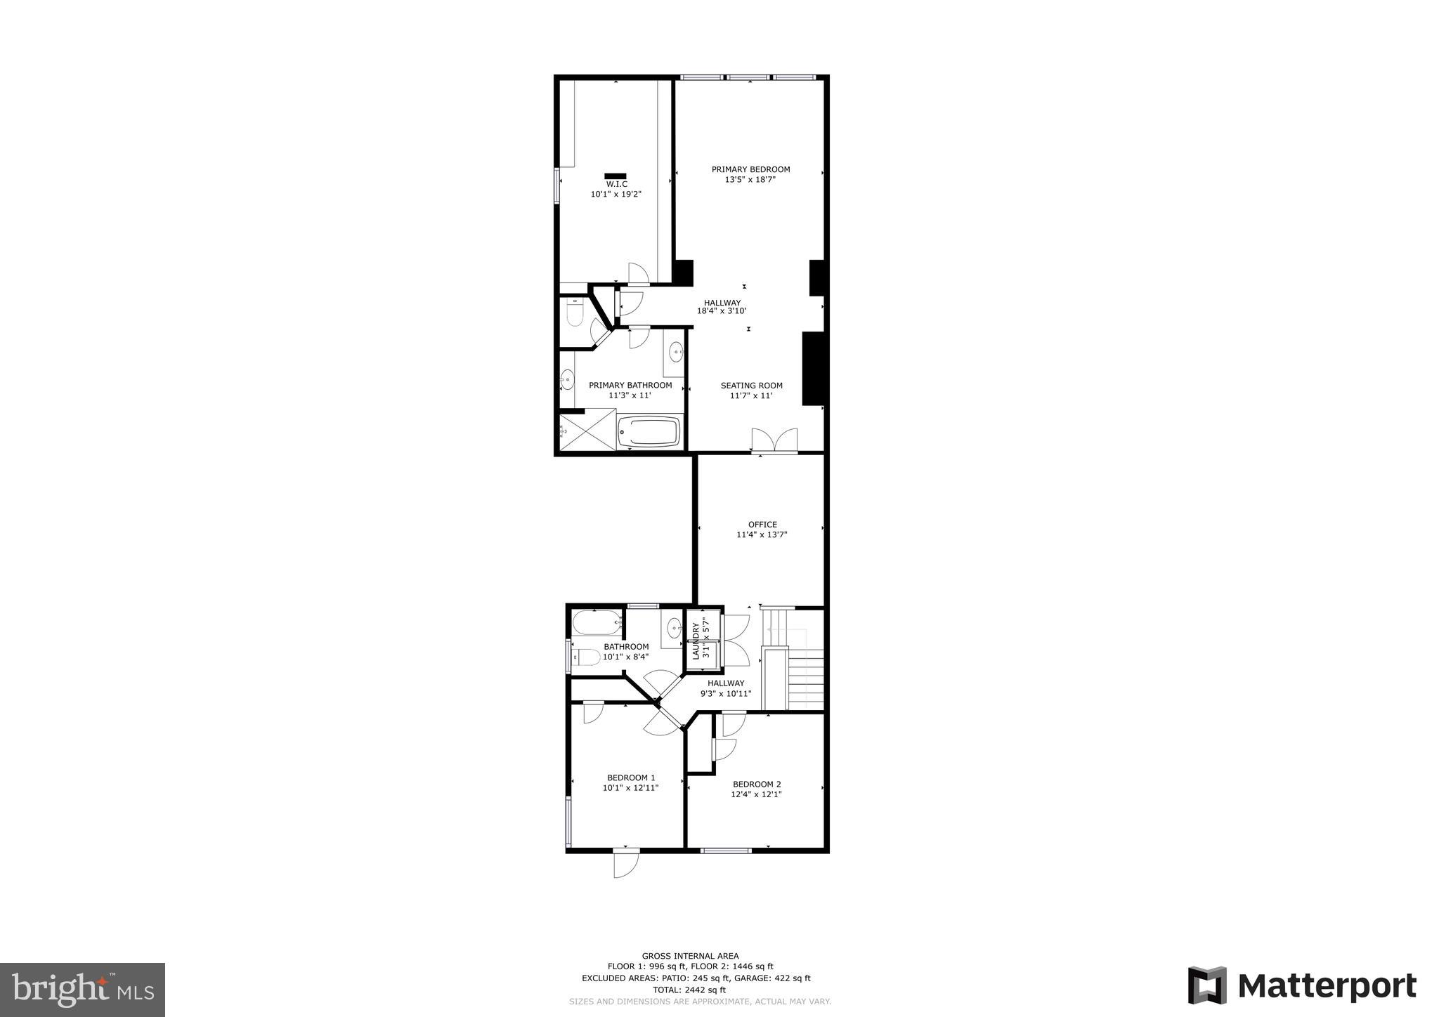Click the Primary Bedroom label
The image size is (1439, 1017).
coord(750,169)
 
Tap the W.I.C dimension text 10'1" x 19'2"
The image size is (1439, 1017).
coord(616,194)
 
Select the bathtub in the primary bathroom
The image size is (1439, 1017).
coord(649,431)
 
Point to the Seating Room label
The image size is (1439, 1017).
coord(751,386)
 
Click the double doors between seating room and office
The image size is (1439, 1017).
coord(774,440)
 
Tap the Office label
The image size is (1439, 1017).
coord(762,525)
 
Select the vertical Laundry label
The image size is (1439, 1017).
coord(696,641)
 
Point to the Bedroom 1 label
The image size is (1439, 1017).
coord(631,777)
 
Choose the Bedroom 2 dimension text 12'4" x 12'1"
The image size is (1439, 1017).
coord(757,794)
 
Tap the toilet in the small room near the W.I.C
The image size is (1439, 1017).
coord(574,313)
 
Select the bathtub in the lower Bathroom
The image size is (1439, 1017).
coord(597,622)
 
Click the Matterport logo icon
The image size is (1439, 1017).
coord(1207,985)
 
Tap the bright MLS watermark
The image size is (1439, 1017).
coord(83,990)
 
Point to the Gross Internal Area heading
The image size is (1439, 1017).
coord(690,956)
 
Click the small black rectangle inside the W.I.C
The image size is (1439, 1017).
coord(615,176)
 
